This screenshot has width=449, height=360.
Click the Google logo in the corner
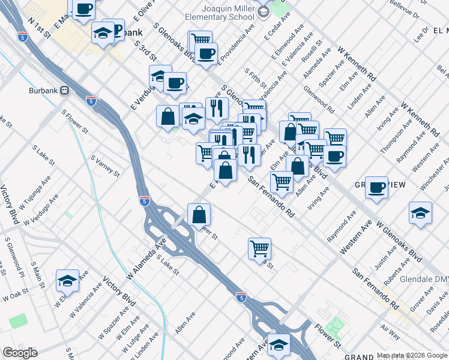[20, 353]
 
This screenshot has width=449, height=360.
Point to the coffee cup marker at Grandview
[376, 188]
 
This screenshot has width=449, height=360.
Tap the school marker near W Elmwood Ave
[68, 281]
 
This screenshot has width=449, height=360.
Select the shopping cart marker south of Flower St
[259, 248]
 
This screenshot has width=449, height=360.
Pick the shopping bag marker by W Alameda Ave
[199, 215]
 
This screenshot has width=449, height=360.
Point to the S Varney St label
[105, 166]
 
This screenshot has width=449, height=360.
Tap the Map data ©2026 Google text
[411, 355]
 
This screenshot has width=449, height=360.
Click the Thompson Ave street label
[393, 139]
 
